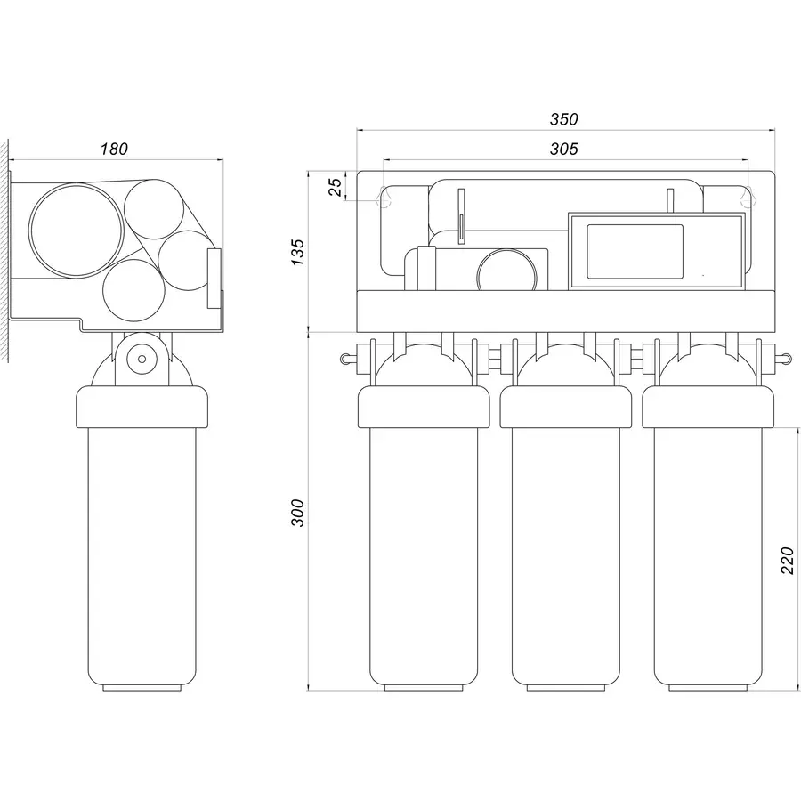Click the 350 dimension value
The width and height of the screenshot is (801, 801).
564,119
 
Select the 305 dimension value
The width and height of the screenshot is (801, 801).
564,149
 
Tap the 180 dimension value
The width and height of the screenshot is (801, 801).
114,149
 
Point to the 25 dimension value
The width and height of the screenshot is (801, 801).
336,188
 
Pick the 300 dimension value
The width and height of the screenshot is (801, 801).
298,513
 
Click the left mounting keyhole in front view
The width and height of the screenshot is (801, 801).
384,197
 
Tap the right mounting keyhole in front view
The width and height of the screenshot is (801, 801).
748,197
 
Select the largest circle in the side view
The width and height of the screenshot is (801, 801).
76,228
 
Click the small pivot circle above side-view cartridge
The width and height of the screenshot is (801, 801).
139,360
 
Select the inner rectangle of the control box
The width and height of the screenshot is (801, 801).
635,253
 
